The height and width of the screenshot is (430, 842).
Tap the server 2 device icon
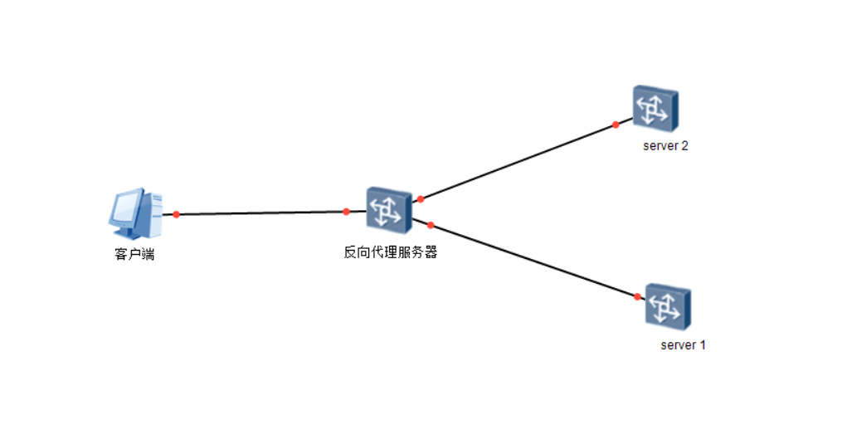[x=655, y=109]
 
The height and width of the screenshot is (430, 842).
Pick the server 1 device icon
[x=667, y=307]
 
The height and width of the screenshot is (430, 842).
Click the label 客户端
[x=134, y=254]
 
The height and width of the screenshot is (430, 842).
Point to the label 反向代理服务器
[x=390, y=252]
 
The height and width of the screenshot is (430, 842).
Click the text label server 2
[x=665, y=146]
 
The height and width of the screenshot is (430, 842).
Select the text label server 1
[x=683, y=344]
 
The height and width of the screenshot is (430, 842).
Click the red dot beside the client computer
[x=177, y=214]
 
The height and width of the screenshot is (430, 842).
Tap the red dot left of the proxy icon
[x=347, y=212]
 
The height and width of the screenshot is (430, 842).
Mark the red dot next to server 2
[x=616, y=125]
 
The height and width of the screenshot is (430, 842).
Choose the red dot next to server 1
[x=637, y=296]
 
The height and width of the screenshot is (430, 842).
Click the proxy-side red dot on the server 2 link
[x=421, y=199]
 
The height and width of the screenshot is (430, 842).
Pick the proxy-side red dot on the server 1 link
[x=431, y=225]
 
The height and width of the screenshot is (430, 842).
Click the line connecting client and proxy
[x=261, y=213]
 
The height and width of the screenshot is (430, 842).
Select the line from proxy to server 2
[x=518, y=162]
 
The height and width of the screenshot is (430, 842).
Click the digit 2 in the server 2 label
[x=685, y=146]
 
